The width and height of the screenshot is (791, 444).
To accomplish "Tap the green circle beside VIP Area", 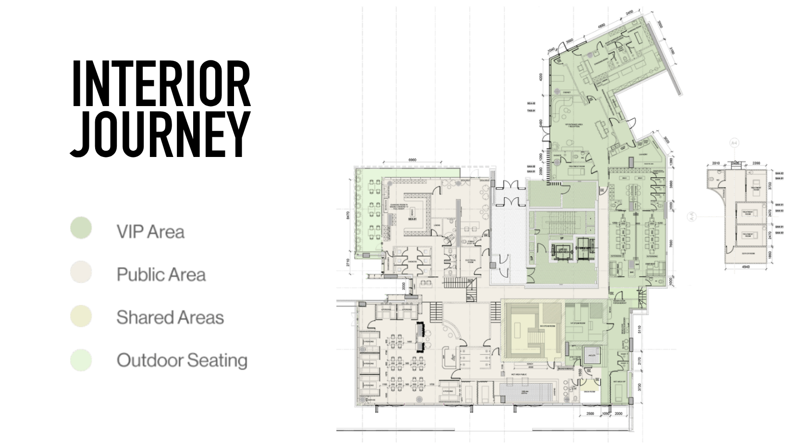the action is (81, 228).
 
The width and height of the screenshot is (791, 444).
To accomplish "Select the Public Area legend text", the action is (161, 275).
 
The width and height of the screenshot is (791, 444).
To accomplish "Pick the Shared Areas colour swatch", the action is (81, 316).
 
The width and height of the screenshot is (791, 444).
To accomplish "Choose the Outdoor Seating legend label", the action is (182, 360).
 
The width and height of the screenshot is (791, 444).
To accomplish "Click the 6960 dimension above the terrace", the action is (412, 160).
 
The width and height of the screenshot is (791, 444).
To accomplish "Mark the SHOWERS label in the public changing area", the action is (412, 262).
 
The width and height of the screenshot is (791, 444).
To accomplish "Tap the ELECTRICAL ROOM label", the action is (470, 261).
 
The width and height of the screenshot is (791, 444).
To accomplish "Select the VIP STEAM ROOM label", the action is (577, 323).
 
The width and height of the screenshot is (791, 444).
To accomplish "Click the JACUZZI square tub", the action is (592, 355).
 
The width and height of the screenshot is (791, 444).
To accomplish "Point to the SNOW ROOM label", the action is (589, 392).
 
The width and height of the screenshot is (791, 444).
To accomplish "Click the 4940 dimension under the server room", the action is (745, 267).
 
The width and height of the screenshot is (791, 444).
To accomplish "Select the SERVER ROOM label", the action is (748, 253).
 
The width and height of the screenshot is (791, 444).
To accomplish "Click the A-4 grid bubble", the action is (734, 143).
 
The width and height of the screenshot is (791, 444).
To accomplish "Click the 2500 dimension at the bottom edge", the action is (590, 413).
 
